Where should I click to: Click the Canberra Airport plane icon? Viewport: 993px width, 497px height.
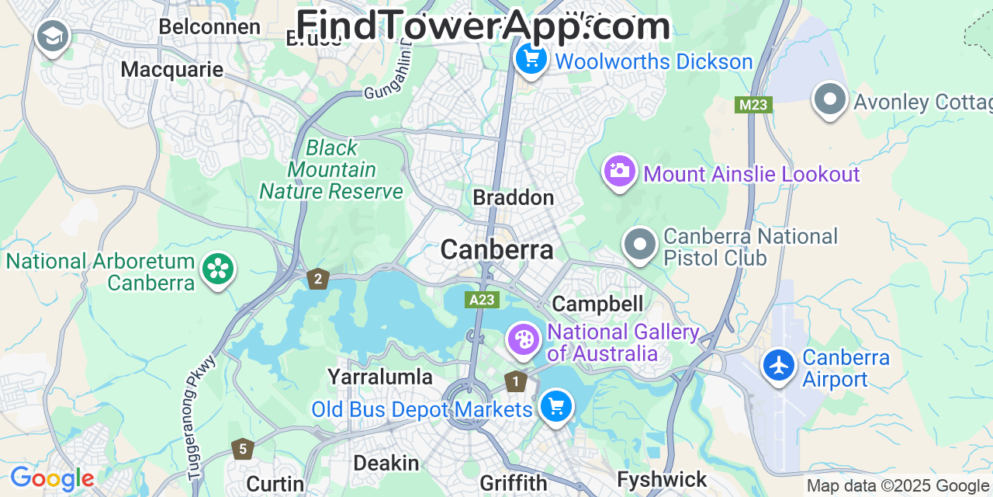(779, 365)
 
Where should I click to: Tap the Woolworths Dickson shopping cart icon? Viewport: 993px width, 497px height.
(531, 59)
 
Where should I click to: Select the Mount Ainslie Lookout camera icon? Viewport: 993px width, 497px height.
(619, 171)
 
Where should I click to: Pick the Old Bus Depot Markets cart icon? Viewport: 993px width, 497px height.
(555, 405)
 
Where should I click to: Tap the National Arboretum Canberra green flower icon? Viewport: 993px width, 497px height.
(218, 269)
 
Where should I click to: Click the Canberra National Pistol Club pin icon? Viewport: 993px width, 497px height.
(640, 245)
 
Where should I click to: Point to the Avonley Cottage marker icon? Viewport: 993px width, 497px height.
(830, 100)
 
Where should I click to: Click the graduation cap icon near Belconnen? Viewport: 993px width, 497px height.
(53, 36)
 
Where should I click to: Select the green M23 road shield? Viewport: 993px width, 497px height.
(754, 105)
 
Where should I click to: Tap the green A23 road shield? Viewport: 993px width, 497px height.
(483, 300)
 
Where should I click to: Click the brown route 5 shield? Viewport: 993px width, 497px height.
(243, 449)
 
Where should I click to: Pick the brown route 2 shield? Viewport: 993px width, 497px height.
(317, 279)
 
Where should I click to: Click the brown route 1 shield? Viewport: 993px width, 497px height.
(515, 381)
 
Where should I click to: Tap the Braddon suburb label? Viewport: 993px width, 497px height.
(514, 197)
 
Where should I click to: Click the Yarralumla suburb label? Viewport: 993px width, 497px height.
(380, 377)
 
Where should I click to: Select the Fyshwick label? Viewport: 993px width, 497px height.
(663, 479)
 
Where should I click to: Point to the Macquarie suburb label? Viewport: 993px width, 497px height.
(172, 69)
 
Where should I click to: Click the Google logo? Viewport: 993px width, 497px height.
(52, 478)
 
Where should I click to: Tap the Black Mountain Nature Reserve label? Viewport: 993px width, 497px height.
(331, 169)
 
